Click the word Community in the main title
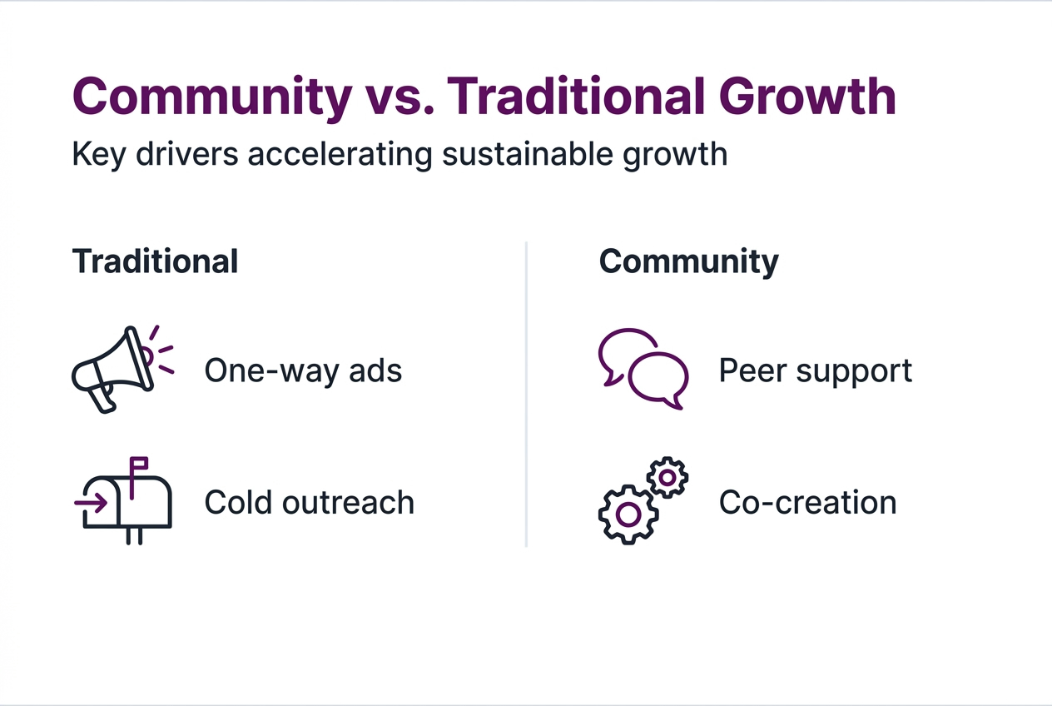coord(212,97)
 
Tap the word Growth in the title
coord(807,97)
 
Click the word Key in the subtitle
coord(97,155)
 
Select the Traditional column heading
coord(155,261)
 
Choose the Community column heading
coord(688,261)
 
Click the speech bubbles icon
coord(643,369)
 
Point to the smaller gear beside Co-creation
coord(667,478)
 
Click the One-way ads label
coord(303,370)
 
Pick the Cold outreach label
coord(309,502)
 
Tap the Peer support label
coord(815,370)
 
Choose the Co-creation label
coord(807,502)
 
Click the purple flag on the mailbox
coord(138,463)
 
